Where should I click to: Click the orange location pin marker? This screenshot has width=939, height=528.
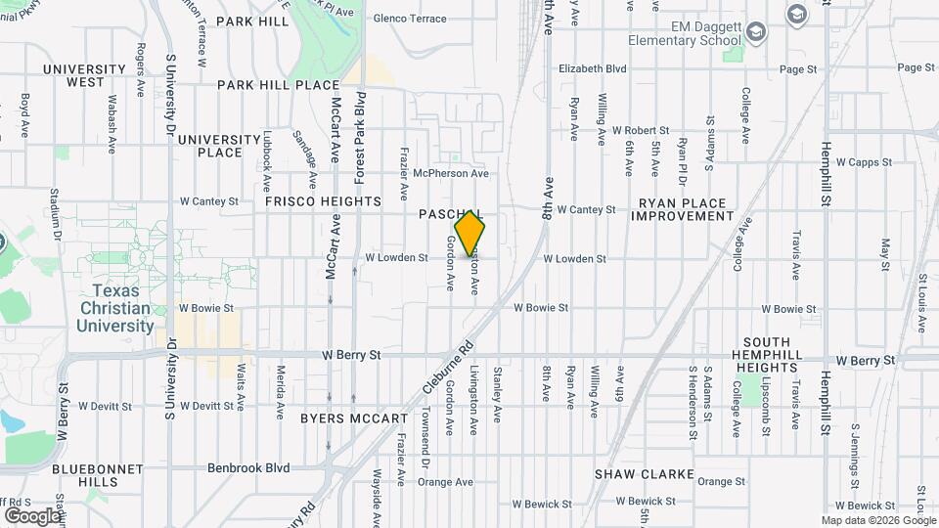470,234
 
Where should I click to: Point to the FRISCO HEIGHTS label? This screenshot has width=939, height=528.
323,201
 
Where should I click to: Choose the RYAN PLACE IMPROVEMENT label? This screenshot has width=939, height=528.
686,209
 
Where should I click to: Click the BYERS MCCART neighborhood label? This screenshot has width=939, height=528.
353,418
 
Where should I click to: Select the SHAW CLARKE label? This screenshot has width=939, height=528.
645,474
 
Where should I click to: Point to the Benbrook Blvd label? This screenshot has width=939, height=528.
248,467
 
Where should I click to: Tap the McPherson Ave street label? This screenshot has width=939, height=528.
450,173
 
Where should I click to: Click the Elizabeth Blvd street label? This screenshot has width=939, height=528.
592,69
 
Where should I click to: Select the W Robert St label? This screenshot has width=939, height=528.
640,130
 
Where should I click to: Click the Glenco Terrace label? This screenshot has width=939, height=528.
411,19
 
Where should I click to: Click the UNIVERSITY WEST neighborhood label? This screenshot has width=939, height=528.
84,75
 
